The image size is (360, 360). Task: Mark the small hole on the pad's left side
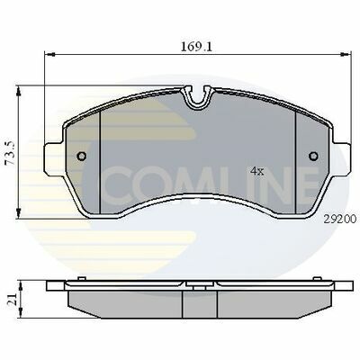coord(82,155)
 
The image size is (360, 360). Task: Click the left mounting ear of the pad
coord(56,144)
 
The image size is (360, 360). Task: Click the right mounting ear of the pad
coord(338,144)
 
